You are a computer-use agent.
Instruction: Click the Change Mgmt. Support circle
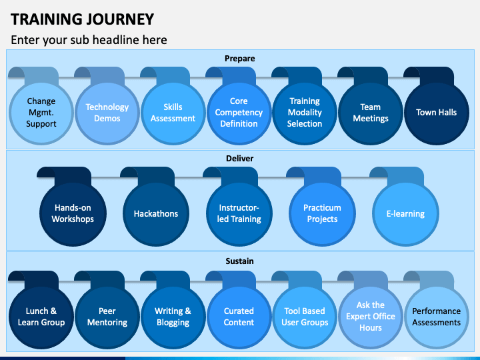(41, 113)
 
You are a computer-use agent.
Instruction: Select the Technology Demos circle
(107, 113)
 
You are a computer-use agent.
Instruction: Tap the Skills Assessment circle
(173, 113)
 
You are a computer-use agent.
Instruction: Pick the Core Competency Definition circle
(239, 113)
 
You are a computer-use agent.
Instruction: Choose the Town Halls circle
(437, 113)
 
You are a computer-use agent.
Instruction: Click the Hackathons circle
(156, 213)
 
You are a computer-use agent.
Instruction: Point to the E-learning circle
(405, 213)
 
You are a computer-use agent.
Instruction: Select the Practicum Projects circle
(323, 213)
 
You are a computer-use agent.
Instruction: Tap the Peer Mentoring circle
(107, 317)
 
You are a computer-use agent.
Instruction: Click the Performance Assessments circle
(437, 317)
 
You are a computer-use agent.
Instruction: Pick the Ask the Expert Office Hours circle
(371, 317)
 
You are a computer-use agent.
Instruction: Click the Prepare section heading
(240, 59)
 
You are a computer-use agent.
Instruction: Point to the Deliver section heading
(240, 158)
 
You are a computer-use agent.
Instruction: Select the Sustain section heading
(240, 261)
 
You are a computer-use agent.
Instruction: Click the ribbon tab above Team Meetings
(363, 75)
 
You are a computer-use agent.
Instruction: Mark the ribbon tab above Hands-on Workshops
(65, 175)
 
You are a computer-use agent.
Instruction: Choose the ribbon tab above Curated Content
(231, 279)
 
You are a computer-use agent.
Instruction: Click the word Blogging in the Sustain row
(173, 323)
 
